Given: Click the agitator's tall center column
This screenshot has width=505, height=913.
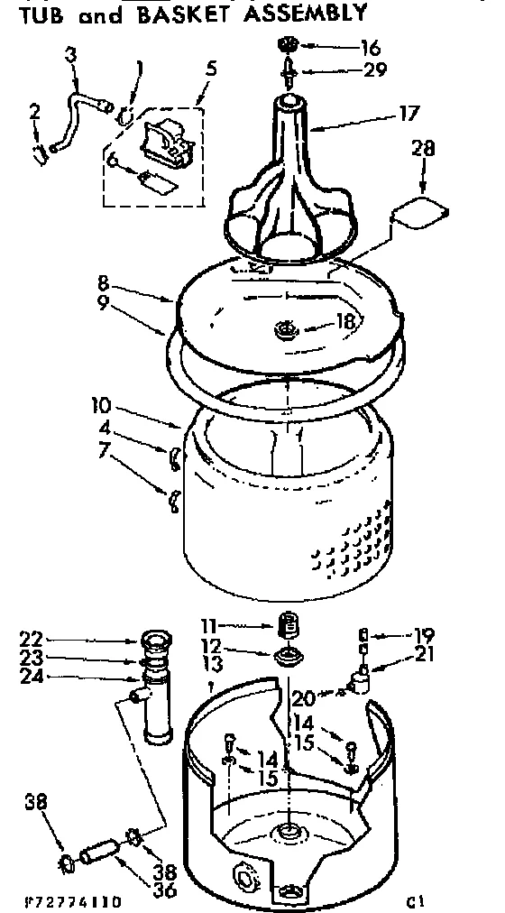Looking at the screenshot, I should [288, 144].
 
